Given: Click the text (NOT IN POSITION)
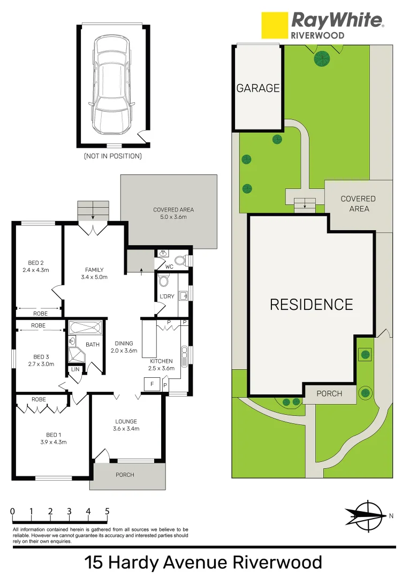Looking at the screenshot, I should coord(112,156).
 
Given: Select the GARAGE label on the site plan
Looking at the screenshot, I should coord(258,88).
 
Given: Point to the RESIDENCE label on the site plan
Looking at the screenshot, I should coord(311,305).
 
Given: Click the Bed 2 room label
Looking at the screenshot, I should coord(36,263).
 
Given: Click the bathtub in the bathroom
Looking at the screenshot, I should coord(85,327).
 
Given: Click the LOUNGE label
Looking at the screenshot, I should coord(126,421).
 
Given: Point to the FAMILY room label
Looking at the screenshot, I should coord(94,270).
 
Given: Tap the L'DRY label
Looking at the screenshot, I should coord(167,296).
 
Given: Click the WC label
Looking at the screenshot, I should coord(169,266).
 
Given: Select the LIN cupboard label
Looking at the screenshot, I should coord(74,370).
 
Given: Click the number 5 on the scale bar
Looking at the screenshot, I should coord(107,511).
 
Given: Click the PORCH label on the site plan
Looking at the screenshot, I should coord(329,393).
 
